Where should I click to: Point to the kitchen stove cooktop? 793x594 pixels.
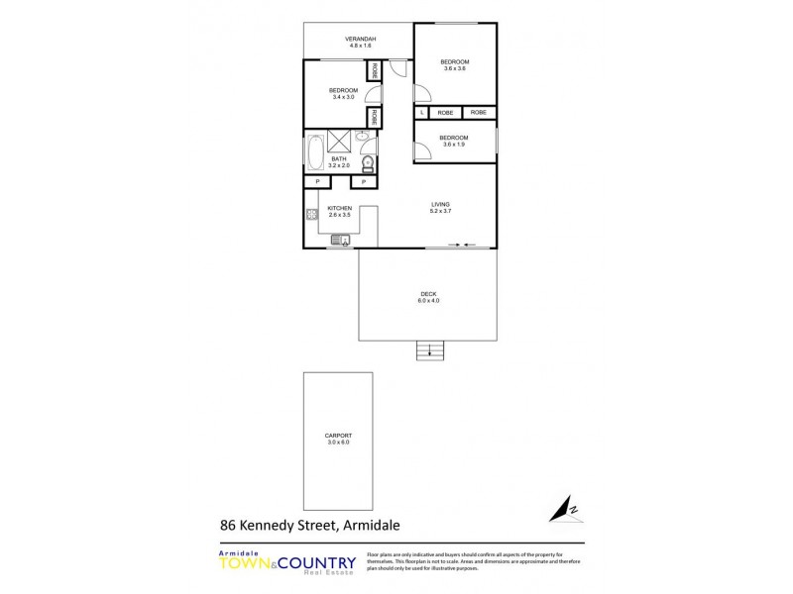pyautogui.click(x=310, y=213)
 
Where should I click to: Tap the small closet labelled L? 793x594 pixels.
pyautogui.click(x=422, y=113)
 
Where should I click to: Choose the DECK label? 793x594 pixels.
pyautogui.click(x=429, y=294)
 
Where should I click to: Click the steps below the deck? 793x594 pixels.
pyautogui.click(x=429, y=348)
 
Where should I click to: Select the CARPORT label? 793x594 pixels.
pyautogui.click(x=338, y=437)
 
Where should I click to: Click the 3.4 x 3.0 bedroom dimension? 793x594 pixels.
pyautogui.click(x=343, y=97)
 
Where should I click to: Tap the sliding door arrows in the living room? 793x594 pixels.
pyautogui.click(x=463, y=244)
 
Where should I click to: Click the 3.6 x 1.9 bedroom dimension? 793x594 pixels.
pyautogui.click(x=454, y=145)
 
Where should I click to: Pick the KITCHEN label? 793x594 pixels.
pyautogui.click(x=340, y=208)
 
